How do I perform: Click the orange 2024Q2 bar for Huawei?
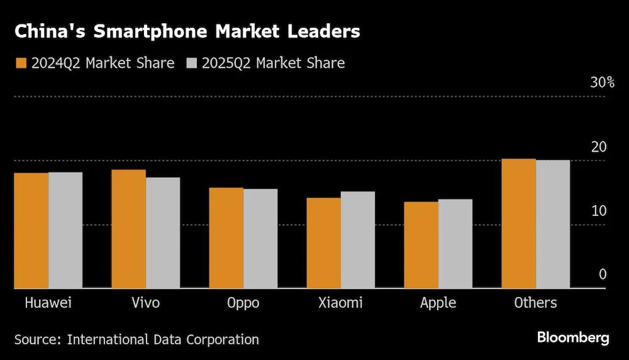point(31,230)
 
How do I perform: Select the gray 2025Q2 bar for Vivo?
point(163,233)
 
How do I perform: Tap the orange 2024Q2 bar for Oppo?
point(226,238)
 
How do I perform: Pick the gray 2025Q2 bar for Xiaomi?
point(358,240)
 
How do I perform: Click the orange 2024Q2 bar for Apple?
point(421,245)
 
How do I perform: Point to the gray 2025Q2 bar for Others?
point(553,224)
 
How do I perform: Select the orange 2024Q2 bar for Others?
point(519,223)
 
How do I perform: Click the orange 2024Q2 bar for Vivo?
point(129,229)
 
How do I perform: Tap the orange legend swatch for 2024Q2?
point(20,63)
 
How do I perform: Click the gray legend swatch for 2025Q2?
point(191,63)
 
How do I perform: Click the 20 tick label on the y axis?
point(599,147)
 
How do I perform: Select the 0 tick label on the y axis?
point(603,274)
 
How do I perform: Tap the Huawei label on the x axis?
point(48,303)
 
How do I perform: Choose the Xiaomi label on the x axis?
point(340,303)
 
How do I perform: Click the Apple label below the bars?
point(438,303)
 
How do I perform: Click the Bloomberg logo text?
point(573,338)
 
